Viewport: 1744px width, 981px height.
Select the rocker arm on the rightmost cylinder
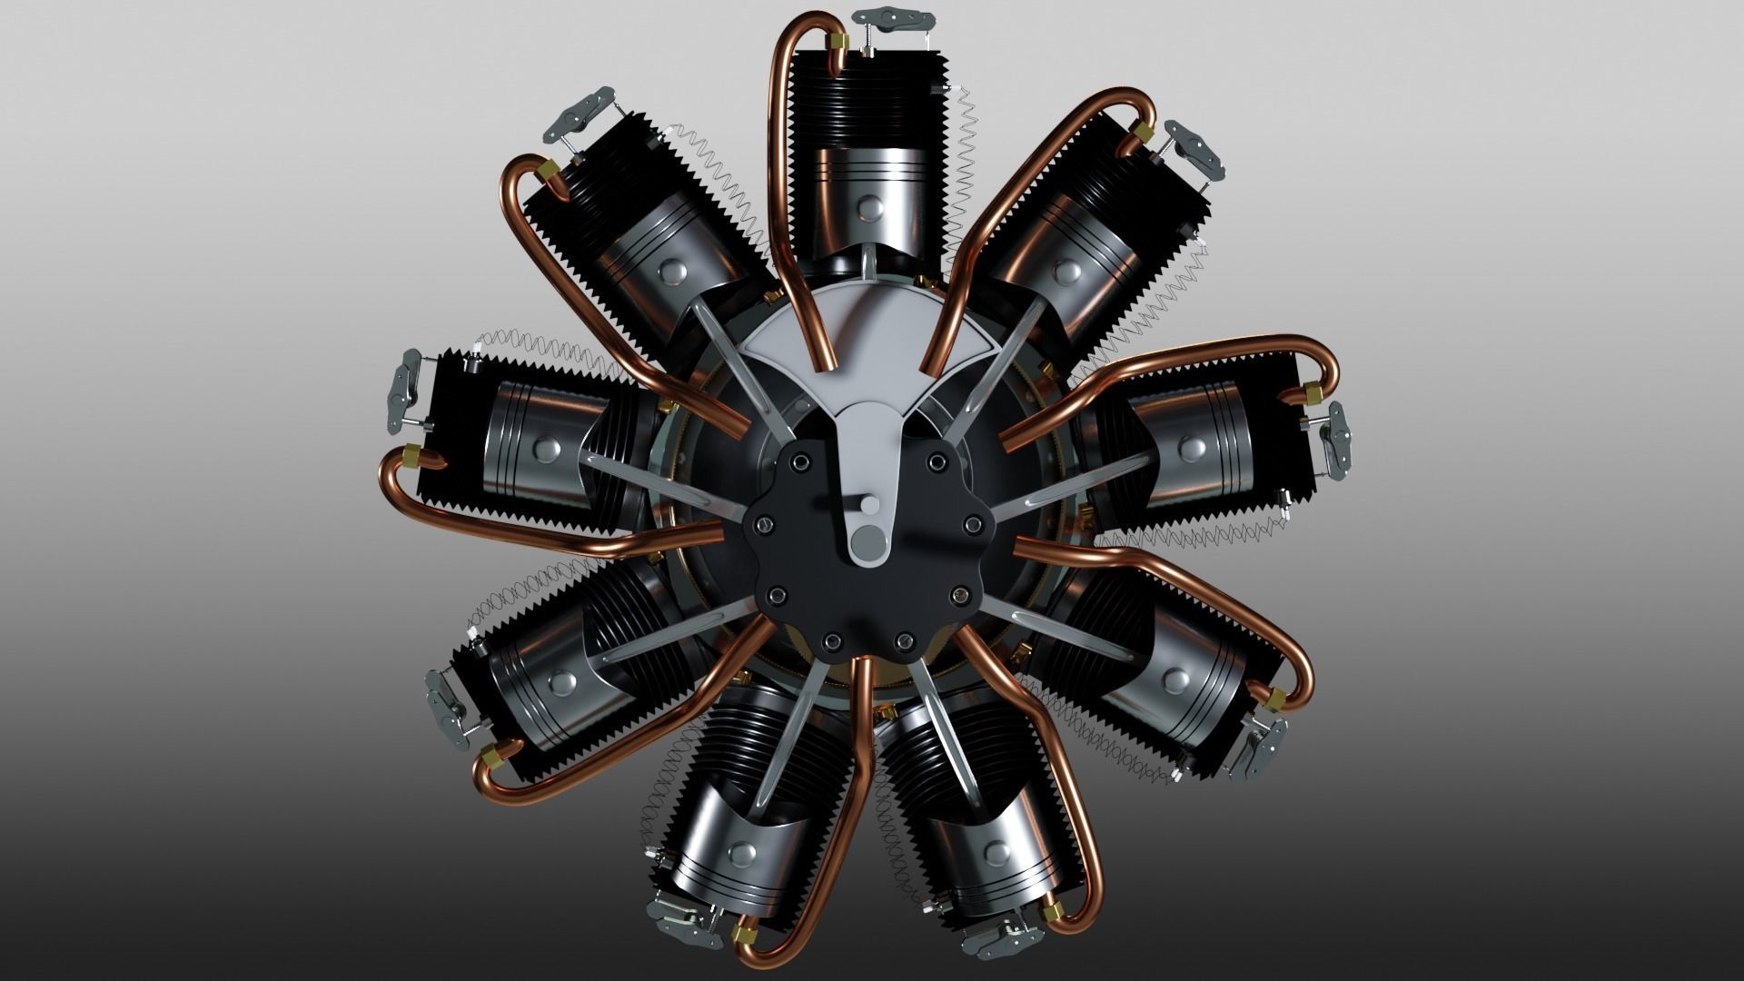pos(1339,442)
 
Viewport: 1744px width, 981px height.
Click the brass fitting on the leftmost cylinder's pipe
pos(412,455)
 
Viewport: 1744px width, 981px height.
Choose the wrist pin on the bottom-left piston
pos(743,853)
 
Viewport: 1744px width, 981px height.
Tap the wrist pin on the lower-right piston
pos(1177,678)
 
